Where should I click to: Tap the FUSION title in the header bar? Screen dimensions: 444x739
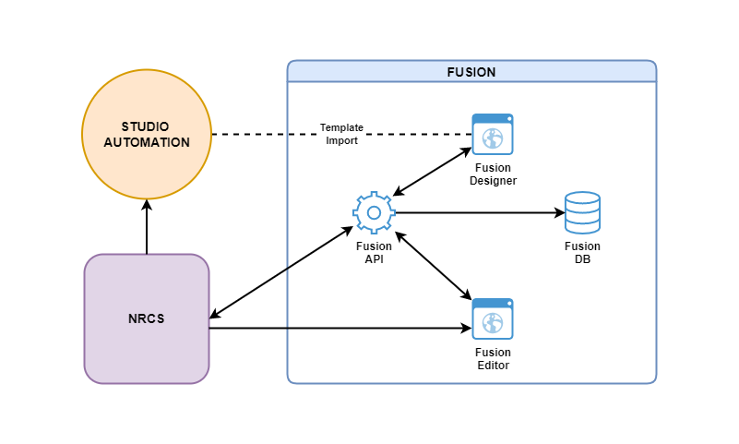coord(471,72)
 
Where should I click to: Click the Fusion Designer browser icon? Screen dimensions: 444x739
coord(493,135)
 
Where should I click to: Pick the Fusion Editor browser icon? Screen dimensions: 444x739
coord(493,319)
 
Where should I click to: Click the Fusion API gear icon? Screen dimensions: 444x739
coord(374,212)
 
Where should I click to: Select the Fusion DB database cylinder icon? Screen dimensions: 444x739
coord(582,212)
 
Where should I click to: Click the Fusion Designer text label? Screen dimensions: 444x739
coord(493,174)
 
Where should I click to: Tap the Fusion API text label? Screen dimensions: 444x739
coord(374,252)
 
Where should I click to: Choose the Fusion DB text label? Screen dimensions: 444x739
coord(582,252)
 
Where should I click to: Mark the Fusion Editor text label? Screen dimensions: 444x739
coord(493,359)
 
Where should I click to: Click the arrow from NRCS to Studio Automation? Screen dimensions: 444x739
coord(147,227)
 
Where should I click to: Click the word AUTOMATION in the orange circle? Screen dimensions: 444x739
coord(147,142)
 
